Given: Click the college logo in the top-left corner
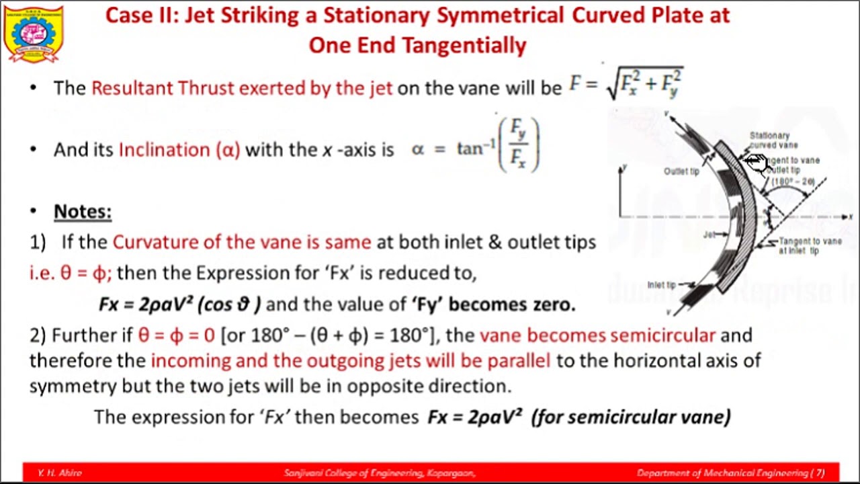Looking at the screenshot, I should coord(33,34).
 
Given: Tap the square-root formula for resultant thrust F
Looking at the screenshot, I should coord(626,84).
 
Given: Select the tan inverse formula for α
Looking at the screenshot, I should coord(476,146).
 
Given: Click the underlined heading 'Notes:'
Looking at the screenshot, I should coord(83,212).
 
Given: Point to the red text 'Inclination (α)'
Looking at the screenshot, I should coord(179,149).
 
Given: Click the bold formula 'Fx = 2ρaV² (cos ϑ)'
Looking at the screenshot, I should coord(179,304).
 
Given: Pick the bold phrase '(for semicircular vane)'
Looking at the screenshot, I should coord(630,417).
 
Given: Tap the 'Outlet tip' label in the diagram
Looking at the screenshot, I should coord(681,171).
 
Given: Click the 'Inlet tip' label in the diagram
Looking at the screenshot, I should coord(662,284).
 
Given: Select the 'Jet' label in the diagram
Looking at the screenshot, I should coord(709,235).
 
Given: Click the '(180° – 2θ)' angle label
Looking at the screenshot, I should coord(793,182).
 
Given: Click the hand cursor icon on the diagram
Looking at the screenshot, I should coord(755,162).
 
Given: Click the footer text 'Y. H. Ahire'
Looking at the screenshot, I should coord(60,473).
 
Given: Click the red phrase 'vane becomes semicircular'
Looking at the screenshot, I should coord(597,335).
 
